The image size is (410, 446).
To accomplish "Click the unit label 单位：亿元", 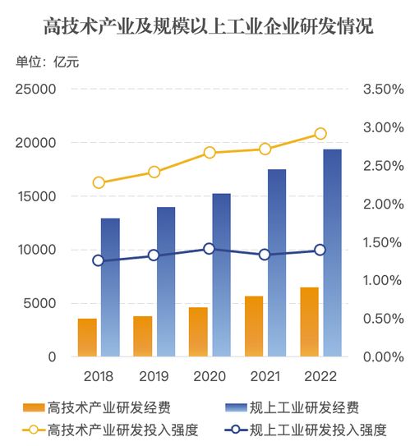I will pyautogui.click(x=48, y=63).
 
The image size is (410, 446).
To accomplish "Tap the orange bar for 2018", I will pyautogui.click(x=87, y=338).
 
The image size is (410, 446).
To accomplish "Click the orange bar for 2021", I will pyautogui.click(x=254, y=326).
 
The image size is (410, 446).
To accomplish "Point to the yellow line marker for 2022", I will pyautogui.click(x=320, y=134).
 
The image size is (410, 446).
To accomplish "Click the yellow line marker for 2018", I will pyautogui.click(x=99, y=182).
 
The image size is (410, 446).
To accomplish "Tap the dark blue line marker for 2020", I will pyautogui.click(x=210, y=248).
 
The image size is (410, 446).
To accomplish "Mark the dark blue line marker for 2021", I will pyautogui.click(x=265, y=255).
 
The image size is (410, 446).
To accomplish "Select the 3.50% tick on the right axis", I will pyautogui.click(x=382, y=90).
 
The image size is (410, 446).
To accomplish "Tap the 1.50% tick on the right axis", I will pyautogui.click(x=382, y=242).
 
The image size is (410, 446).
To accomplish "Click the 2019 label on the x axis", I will pyautogui.click(x=154, y=377).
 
